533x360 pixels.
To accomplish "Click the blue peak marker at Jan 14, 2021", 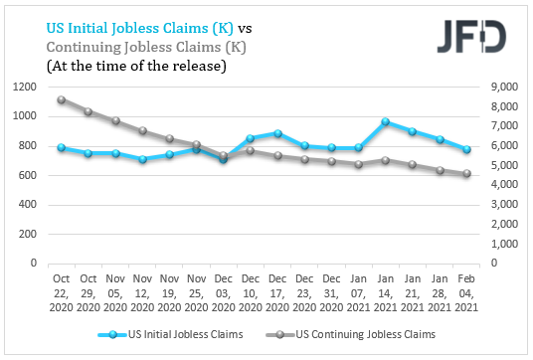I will click(x=385, y=121).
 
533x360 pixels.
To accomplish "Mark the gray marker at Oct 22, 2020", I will click(x=62, y=99).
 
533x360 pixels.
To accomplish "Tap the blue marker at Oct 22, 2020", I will click(x=62, y=147).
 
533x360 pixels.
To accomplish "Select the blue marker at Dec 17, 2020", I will click(x=277, y=133).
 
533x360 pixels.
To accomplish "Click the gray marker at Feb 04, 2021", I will click(x=465, y=174).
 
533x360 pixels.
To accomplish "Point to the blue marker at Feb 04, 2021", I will click(x=465, y=149).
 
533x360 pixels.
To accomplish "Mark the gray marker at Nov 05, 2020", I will click(x=115, y=121).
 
